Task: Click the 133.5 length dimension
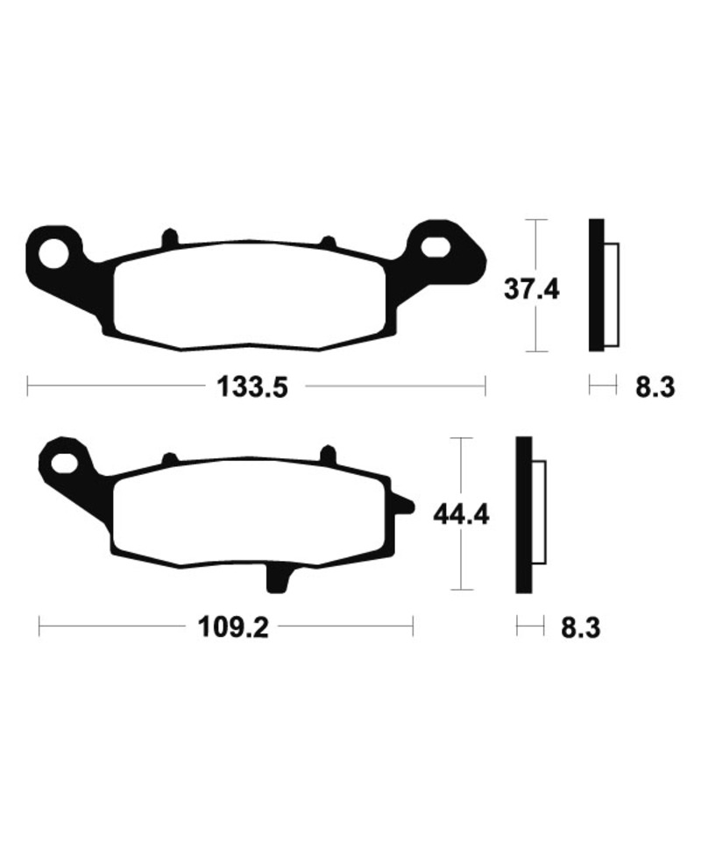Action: pyautogui.click(x=251, y=387)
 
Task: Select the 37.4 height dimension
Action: pyautogui.click(x=532, y=289)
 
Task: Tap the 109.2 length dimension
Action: pyautogui.click(x=234, y=627)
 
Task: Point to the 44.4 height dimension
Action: pyautogui.click(x=461, y=515)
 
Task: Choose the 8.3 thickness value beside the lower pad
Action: pyautogui.click(x=581, y=627)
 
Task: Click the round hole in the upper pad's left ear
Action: pyautogui.click(x=54, y=253)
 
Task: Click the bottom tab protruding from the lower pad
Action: pyautogui.click(x=278, y=578)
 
